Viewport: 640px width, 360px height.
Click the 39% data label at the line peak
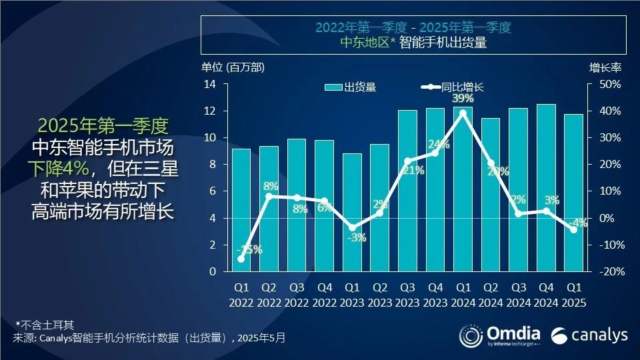[x=463, y=99]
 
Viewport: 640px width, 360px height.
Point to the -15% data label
[x=249, y=250]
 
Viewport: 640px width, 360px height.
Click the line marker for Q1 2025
[x=573, y=229]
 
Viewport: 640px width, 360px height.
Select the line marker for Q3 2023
[x=407, y=161]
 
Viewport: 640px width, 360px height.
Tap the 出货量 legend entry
[x=351, y=87]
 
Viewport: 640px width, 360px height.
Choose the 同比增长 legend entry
[x=453, y=87]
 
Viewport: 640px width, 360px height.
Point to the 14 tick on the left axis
[x=211, y=84]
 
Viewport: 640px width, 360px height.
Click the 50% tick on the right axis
[x=611, y=84]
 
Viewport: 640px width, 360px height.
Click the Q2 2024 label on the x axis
[x=490, y=295]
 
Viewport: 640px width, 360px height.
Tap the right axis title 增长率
[x=605, y=67]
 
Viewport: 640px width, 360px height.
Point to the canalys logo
[x=589, y=334]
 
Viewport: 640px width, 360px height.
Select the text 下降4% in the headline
[x=62, y=169]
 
